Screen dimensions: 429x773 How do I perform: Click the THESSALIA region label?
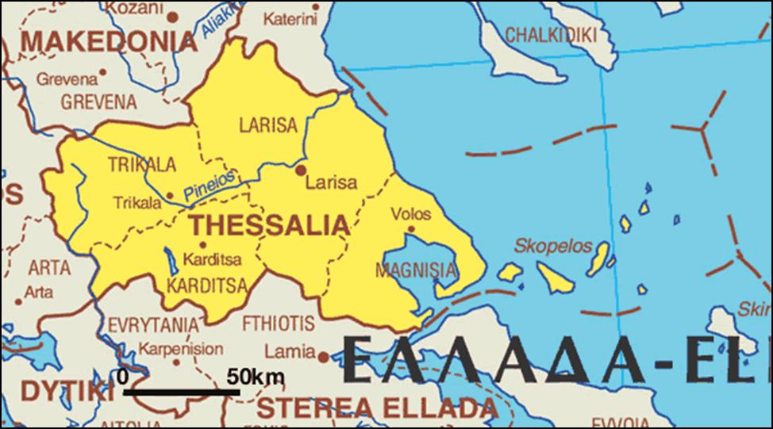tap(269, 225)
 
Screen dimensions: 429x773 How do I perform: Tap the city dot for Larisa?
tap(301, 169)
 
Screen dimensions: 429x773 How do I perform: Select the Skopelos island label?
tap(553, 246)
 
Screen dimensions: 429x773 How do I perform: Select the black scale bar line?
tap(182, 391)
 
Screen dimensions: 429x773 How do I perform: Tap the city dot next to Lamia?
tap(323, 357)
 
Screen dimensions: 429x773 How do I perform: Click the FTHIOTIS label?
tap(278, 324)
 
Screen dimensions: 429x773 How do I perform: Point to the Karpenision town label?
tap(181, 348)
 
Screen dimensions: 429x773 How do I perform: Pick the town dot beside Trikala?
tap(169, 195)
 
